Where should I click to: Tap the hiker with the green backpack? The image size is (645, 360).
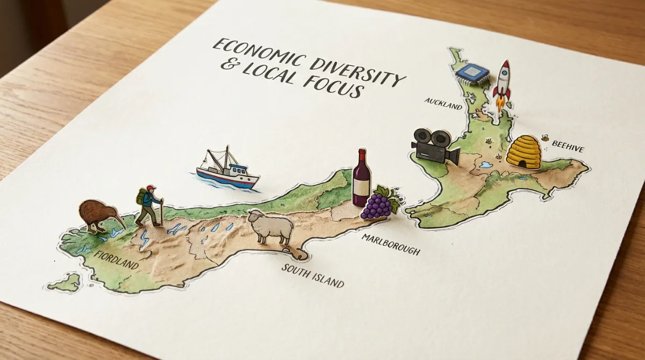pos(149,206)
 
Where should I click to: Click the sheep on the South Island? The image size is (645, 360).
pos(271,226)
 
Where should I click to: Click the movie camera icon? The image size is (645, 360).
pos(434,146)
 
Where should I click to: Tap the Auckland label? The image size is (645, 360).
pos(443,103)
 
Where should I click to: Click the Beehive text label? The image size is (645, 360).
pos(568,149)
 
